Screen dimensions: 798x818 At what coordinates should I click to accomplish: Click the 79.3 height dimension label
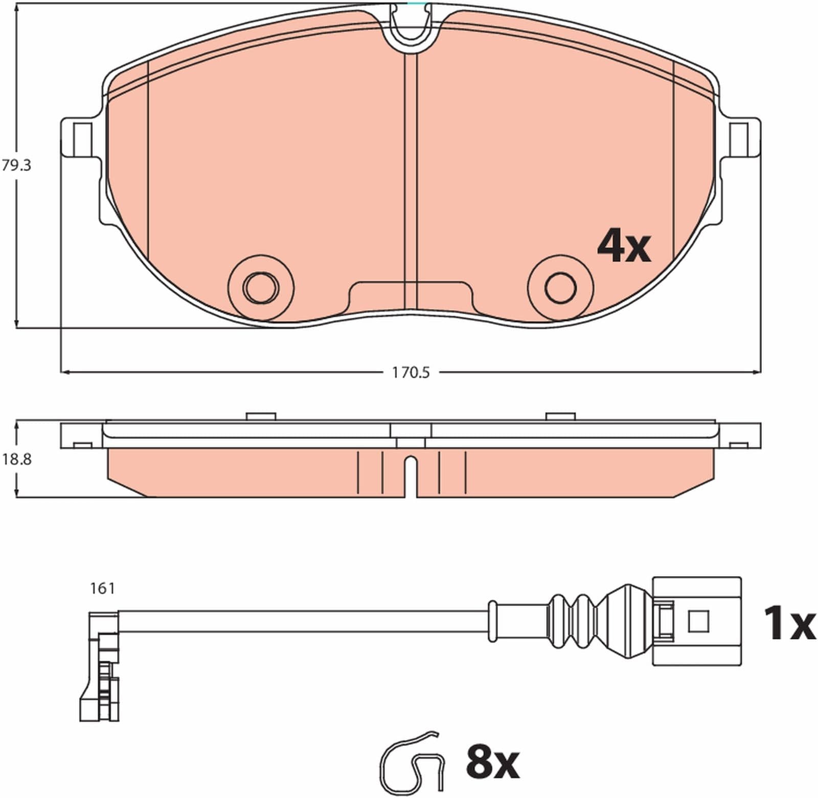[16, 166]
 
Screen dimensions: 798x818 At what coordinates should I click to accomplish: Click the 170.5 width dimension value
[411, 373]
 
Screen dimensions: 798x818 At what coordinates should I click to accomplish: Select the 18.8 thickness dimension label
[16, 460]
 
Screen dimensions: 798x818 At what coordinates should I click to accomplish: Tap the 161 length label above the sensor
[102, 589]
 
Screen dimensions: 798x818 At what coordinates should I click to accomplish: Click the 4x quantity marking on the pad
[624, 246]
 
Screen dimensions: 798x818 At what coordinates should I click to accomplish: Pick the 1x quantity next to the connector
[789, 623]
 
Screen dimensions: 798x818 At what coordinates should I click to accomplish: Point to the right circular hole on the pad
[560, 288]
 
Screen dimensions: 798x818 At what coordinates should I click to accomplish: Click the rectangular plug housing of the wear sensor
[696, 621]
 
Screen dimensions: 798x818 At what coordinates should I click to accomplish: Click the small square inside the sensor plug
[698, 621]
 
